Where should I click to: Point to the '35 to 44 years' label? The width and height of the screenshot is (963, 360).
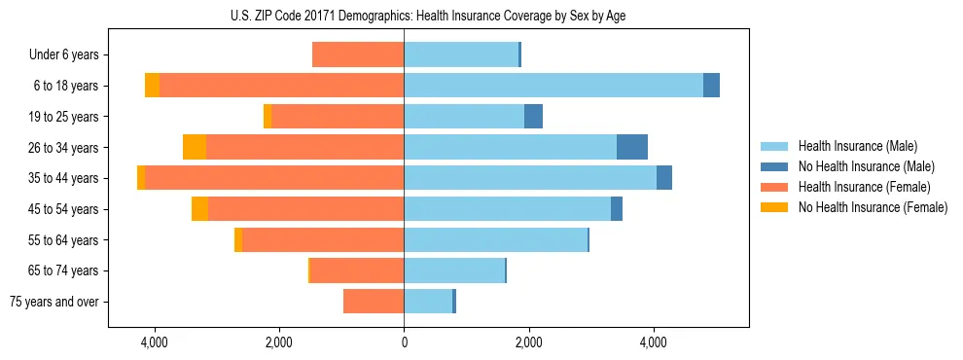[63, 178]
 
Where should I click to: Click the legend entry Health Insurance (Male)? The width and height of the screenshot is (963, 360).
[857, 146]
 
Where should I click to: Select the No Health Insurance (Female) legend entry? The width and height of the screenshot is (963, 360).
[873, 207]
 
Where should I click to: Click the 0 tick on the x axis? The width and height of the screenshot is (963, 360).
[404, 343]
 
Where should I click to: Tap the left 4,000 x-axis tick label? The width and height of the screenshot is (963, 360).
[155, 343]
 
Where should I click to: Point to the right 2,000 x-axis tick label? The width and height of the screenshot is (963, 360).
[528, 343]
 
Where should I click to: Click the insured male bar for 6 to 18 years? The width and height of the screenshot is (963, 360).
[553, 86]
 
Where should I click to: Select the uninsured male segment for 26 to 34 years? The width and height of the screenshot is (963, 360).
[632, 147]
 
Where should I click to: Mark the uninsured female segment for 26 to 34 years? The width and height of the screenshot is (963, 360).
[195, 147]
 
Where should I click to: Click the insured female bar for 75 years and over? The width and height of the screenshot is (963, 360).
[374, 302]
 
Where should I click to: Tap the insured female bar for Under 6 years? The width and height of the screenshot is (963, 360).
[358, 55]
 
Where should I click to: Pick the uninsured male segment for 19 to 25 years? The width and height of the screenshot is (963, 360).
[533, 117]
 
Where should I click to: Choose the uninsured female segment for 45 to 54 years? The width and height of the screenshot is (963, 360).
[199, 209]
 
